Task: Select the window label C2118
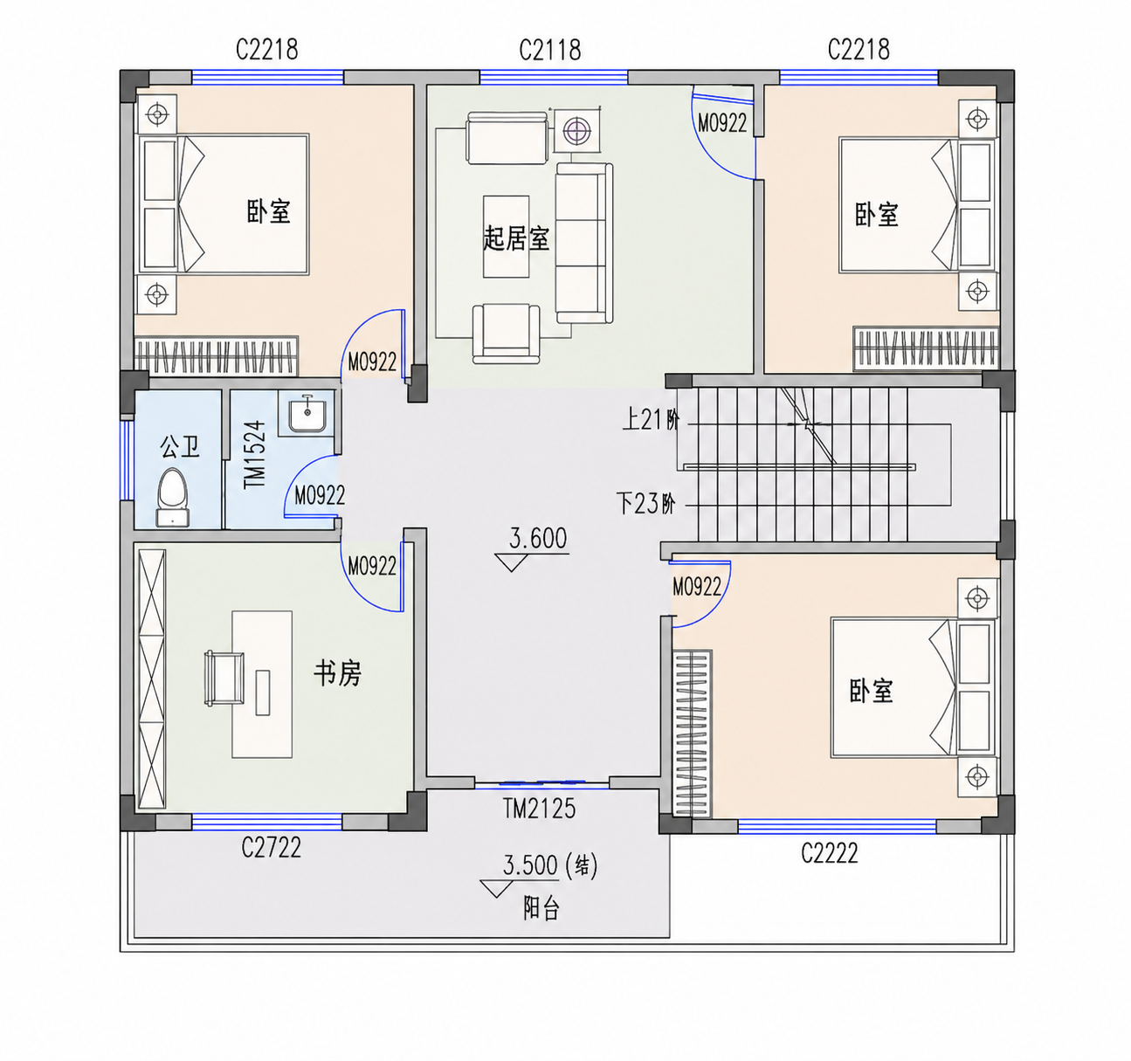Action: tap(550, 50)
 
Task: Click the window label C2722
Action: tap(271, 847)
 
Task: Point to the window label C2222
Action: tap(829, 853)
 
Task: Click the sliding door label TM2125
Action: tap(539, 809)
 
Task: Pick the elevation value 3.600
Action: tap(538, 538)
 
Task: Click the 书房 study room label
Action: tap(338, 674)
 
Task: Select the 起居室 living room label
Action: tap(516, 238)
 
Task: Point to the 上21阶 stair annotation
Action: tap(651, 420)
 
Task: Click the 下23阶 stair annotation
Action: tap(645, 504)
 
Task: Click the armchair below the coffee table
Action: tap(506, 334)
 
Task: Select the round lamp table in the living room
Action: tap(577, 130)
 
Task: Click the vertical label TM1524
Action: tap(254, 454)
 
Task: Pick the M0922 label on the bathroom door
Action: tap(320, 496)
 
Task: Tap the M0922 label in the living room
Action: tap(722, 123)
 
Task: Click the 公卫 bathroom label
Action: tap(180, 446)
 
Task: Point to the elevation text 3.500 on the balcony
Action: tap(530, 865)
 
